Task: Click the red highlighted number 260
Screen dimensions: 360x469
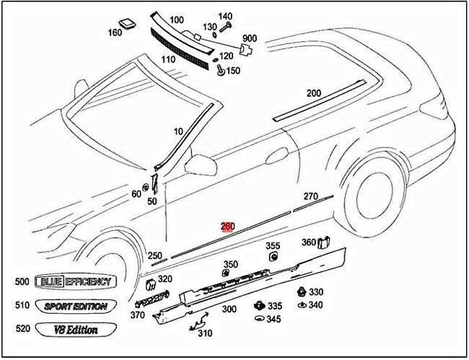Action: click(228, 227)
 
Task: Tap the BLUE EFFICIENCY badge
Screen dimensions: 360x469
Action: click(75, 282)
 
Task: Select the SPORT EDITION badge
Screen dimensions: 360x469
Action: click(75, 306)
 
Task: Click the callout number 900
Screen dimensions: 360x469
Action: click(250, 38)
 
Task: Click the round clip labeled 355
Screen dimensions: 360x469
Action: click(273, 257)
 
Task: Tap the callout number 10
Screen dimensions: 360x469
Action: click(178, 131)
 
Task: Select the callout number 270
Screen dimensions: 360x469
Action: click(311, 196)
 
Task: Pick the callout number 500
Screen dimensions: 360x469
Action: click(22, 282)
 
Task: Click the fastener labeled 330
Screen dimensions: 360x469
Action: click(302, 292)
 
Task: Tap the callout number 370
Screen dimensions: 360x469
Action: click(137, 315)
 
